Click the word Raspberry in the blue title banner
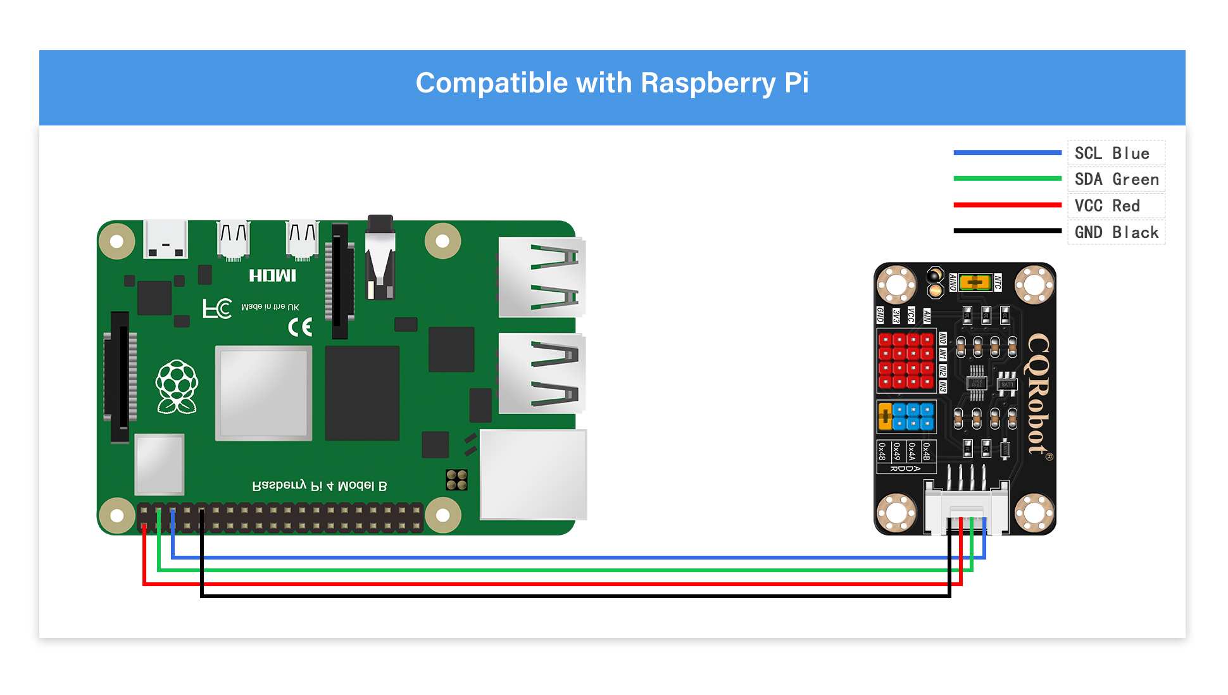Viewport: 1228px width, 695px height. click(707, 84)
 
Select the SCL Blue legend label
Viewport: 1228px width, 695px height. click(1112, 153)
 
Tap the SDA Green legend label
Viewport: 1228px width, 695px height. click(1116, 180)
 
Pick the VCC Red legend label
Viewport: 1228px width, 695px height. click(1106, 206)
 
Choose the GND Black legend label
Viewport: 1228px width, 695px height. click(1116, 232)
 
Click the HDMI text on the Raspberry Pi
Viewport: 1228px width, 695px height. click(272, 275)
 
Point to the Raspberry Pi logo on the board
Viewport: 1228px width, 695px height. click(177, 386)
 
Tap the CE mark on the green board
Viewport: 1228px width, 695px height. click(300, 327)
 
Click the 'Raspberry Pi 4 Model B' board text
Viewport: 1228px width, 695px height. click(319, 485)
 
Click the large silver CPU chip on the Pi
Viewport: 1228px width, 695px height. click(263, 392)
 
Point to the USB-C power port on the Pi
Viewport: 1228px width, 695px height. click(166, 239)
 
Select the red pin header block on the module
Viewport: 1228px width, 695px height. click(906, 360)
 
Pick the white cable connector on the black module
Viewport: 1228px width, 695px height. click(966, 507)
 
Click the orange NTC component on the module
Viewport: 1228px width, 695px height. click(975, 282)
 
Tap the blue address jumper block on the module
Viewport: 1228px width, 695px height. click(913, 416)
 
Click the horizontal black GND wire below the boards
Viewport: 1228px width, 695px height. click(570, 596)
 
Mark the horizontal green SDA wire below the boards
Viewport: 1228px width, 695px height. click(570, 570)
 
